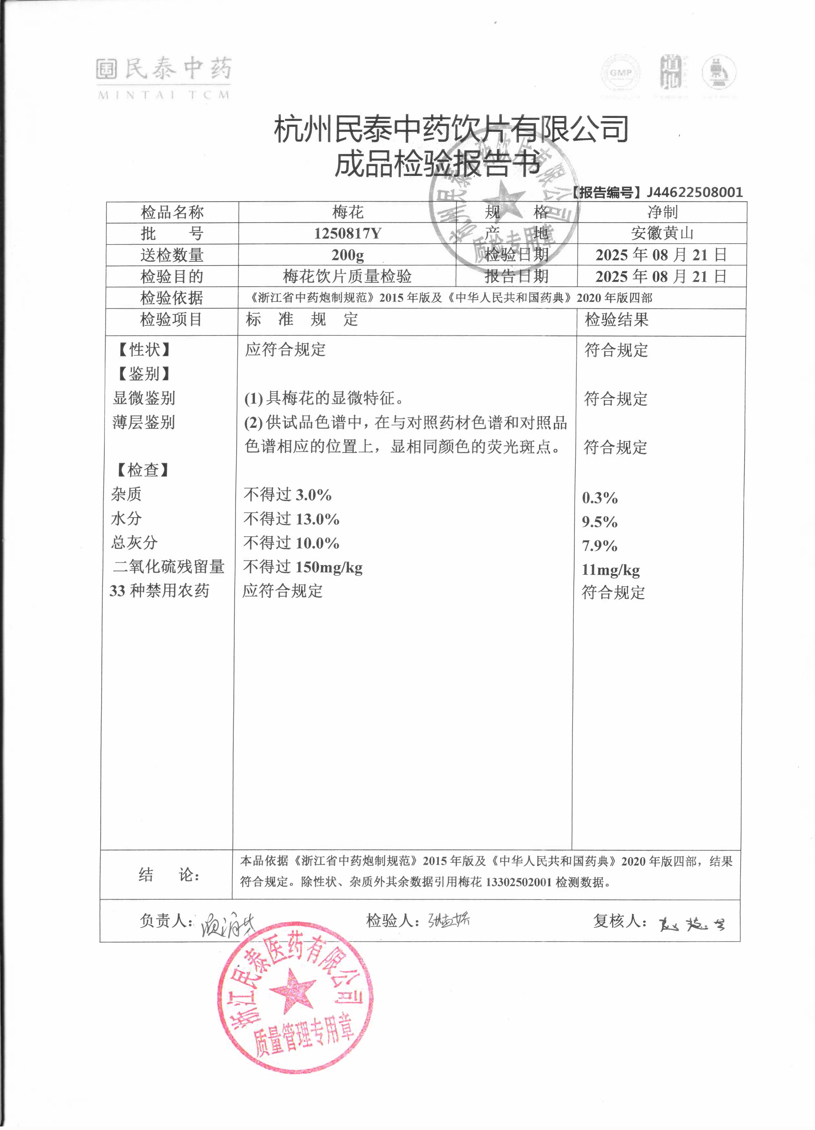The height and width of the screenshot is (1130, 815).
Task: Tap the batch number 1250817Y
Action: (x=348, y=233)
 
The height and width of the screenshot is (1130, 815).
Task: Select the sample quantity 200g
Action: (x=348, y=255)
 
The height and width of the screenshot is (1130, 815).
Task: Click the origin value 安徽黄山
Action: (x=662, y=233)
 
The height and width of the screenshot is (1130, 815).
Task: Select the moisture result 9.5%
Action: (x=600, y=522)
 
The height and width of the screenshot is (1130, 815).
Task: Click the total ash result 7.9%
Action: (x=600, y=546)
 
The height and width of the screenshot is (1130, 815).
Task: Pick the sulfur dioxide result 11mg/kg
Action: (x=611, y=569)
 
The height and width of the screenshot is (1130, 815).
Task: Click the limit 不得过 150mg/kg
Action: (x=303, y=567)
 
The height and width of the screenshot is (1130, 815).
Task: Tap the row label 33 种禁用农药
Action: (x=160, y=591)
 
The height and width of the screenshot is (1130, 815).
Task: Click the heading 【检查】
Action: (x=143, y=470)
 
